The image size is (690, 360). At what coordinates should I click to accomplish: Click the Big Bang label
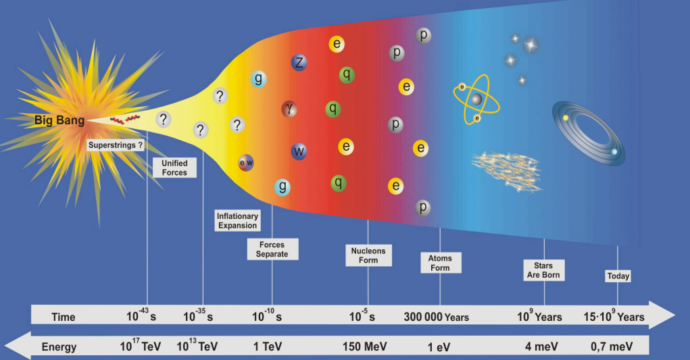click(60, 121)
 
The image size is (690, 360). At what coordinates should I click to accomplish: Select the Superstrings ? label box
click(116, 145)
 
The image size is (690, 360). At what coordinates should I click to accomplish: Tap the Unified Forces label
click(174, 168)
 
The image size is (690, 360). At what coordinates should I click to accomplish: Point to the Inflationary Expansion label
click(237, 221)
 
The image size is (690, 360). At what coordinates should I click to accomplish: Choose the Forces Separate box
click(272, 249)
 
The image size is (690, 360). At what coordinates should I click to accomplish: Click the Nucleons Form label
click(368, 255)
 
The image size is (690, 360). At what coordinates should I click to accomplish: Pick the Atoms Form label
click(440, 263)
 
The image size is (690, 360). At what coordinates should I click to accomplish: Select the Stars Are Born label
click(543, 270)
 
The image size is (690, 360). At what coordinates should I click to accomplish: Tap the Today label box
click(618, 276)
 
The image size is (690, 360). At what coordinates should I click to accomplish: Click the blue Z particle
click(299, 63)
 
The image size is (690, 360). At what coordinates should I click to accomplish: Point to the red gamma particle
click(289, 108)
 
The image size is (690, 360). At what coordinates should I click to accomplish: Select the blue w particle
click(299, 151)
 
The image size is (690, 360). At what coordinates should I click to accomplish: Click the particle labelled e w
click(245, 163)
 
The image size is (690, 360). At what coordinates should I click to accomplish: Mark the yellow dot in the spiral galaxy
click(566, 118)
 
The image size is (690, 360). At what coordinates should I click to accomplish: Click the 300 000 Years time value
click(437, 317)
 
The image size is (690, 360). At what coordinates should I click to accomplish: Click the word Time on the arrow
click(64, 317)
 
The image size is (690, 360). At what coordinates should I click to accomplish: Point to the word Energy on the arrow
click(59, 347)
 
